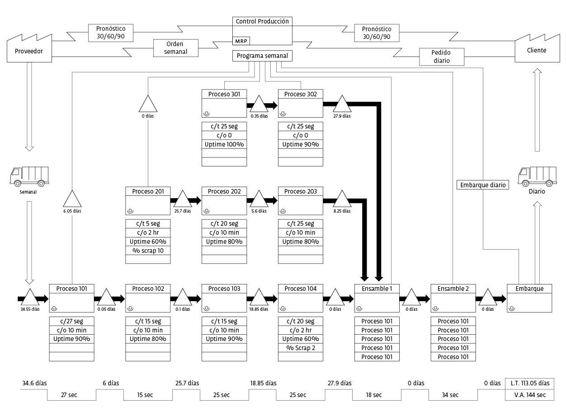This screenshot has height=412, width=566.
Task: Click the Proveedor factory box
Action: (x=29, y=51)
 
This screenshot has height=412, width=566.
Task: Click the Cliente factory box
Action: (x=536, y=50)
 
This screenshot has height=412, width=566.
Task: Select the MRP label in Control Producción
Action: (x=240, y=41)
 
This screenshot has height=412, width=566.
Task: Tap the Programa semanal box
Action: (x=262, y=56)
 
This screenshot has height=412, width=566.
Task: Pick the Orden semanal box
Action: (x=176, y=47)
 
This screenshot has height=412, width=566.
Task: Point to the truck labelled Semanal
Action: (x=29, y=176)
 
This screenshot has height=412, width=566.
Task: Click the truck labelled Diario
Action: (x=537, y=176)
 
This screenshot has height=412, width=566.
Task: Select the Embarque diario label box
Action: (x=482, y=185)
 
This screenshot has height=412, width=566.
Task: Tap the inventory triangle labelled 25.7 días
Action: (x=183, y=200)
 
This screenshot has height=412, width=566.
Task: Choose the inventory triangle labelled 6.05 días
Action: (x=72, y=200)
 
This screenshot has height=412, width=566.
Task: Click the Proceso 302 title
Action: (x=301, y=94)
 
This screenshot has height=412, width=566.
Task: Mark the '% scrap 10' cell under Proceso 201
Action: (x=148, y=251)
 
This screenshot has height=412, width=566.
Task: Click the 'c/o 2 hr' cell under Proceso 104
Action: (x=301, y=330)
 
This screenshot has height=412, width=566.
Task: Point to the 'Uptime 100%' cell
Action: (x=224, y=144)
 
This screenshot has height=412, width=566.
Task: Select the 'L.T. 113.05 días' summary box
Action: (x=529, y=383)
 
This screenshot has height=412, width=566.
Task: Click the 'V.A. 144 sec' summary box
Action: (x=529, y=395)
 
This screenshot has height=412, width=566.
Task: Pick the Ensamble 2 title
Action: (x=453, y=289)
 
